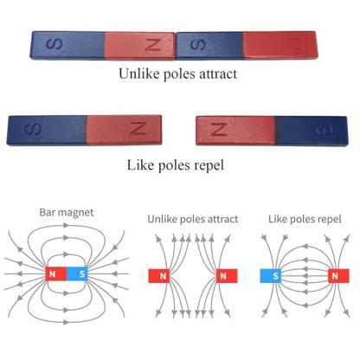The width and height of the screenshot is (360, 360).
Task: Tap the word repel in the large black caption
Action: [x=209, y=165]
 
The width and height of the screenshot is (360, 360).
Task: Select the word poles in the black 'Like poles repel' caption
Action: [x=175, y=165]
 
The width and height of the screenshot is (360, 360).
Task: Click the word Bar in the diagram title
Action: [x=46, y=212]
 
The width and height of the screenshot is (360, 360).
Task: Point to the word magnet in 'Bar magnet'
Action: [x=74, y=213]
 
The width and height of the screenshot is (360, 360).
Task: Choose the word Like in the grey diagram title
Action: [x=278, y=219]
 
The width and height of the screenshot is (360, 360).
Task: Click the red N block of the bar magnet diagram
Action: [x=56, y=273]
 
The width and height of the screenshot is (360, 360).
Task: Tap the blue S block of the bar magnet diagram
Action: [x=77, y=273]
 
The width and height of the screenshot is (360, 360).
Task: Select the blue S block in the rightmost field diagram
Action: [x=271, y=276]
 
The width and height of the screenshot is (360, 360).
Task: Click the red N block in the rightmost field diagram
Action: [x=338, y=276]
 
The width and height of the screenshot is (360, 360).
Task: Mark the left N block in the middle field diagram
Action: [x=159, y=276]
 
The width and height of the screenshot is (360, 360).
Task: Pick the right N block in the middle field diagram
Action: [x=227, y=276]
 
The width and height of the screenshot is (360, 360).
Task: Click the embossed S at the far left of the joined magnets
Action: [x=54, y=44]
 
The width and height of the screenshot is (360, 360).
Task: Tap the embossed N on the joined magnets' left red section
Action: [x=152, y=45]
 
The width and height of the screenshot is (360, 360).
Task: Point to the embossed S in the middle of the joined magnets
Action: [x=198, y=45]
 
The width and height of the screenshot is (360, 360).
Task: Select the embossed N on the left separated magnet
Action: [x=138, y=128]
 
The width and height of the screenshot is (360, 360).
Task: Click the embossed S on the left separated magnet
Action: [x=32, y=130]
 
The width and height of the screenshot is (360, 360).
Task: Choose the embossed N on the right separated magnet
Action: [x=219, y=129]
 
